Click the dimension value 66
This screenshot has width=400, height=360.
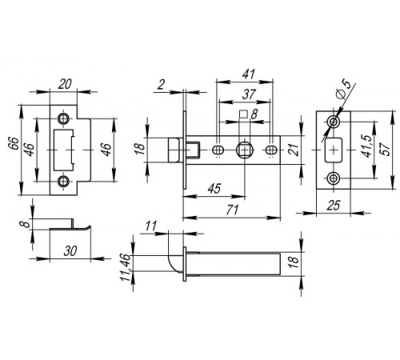click(x=14, y=143)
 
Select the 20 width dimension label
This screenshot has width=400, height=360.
click(x=65, y=84)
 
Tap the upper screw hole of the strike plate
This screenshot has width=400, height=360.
click(x=63, y=119)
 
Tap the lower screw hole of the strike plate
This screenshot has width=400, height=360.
click(x=63, y=182)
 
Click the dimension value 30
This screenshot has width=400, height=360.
click(x=70, y=251)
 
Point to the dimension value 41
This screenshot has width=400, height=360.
click(x=249, y=74)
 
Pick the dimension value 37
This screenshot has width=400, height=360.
click(x=249, y=94)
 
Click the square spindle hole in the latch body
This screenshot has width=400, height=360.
click(x=245, y=150)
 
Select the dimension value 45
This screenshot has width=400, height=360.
click(x=214, y=189)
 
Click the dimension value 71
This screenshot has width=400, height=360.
click(x=232, y=210)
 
